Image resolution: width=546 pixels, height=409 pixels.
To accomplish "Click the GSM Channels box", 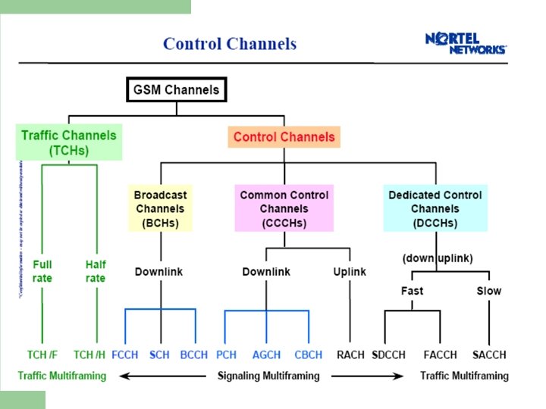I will [x=176, y=90].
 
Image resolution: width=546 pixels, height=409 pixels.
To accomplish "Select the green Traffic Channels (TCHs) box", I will [x=69, y=142].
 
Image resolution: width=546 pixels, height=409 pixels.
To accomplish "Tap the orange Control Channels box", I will [x=284, y=137].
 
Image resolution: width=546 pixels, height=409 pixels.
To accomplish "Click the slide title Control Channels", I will [x=230, y=43].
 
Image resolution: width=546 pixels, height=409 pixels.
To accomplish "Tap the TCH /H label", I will [x=89, y=354].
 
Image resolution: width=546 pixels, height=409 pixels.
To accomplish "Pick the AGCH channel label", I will [x=265, y=354].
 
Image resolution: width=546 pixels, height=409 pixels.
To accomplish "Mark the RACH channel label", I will [x=350, y=354].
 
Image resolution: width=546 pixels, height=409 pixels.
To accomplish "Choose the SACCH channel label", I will [x=489, y=354].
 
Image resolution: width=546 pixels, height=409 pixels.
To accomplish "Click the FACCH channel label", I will [x=440, y=354].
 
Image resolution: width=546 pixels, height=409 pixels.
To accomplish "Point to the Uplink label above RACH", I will [x=349, y=271].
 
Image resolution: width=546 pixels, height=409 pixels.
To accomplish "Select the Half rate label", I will [x=96, y=271].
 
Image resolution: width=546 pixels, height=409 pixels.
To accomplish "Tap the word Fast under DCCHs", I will [x=412, y=291].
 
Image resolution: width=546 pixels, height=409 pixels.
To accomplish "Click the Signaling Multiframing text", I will [x=268, y=376].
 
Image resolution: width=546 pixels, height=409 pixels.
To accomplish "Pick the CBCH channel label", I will [x=308, y=354].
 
